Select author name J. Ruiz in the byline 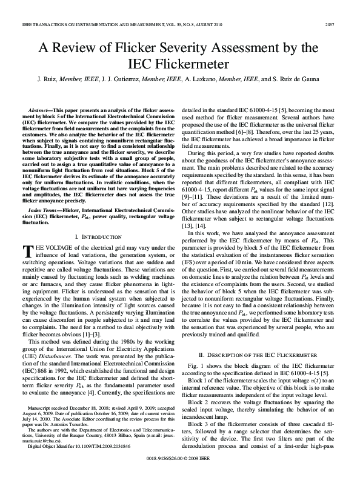[x=48, y=79]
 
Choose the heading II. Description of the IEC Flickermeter [x=259, y=353]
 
